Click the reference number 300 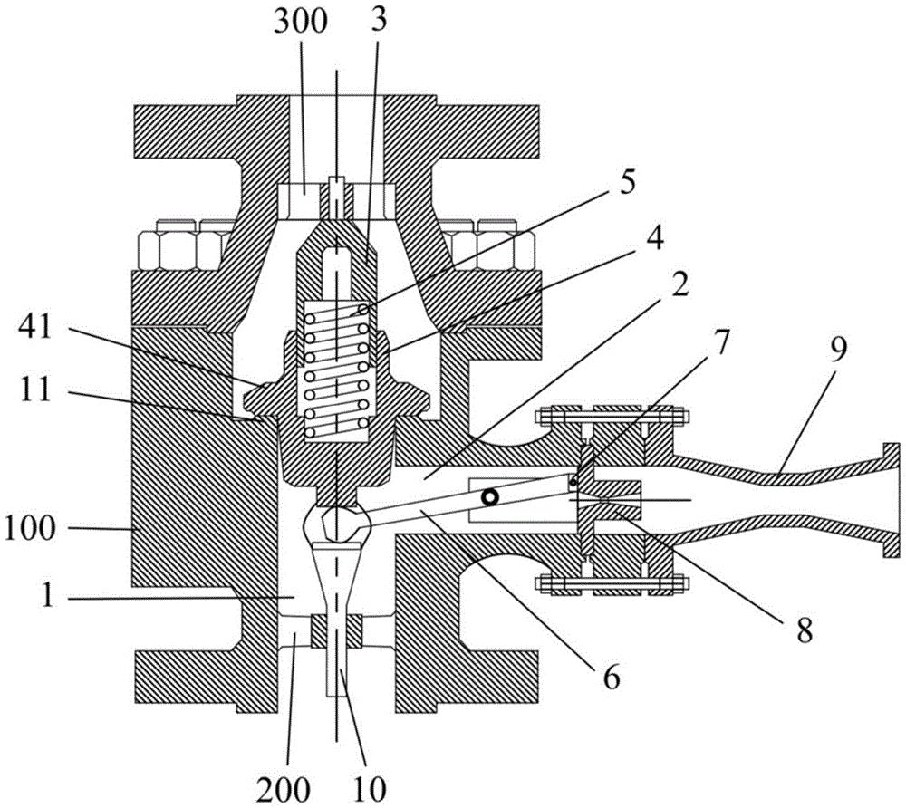(301, 23)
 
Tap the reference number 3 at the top (380, 21)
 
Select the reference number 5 (627, 183)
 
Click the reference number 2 (680, 284)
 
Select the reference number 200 (283, 790)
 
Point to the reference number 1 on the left (48, 596)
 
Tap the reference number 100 (30, 527)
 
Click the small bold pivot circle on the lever (490, 496)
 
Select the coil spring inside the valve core (337, 370)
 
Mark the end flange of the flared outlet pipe (892, 500)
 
